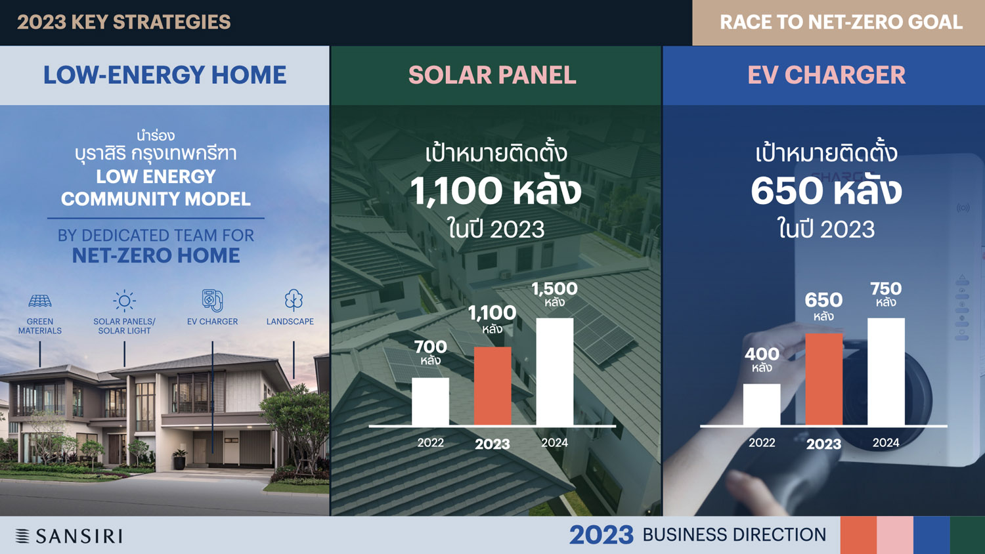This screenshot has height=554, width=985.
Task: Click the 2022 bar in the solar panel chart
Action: (430, 402)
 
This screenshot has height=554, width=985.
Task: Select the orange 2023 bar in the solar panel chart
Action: (492, 386)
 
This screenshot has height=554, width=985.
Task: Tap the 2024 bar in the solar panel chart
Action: (554, 372)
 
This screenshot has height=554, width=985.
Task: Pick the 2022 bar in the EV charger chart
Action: (762, 404)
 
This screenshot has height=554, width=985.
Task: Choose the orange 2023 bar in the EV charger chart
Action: (824, 379)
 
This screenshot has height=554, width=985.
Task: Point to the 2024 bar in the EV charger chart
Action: (886, 372)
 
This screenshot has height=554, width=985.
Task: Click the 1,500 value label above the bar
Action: (554, 289)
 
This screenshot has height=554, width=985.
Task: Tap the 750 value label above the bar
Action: (886, 289)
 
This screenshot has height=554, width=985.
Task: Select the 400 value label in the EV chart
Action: (762, 354)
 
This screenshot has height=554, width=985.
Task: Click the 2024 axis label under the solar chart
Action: (554, 442)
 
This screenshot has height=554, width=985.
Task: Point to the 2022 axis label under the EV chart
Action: (762, 442)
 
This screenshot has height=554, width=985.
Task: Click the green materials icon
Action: (40, 301)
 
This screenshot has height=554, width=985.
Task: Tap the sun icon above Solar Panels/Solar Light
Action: (125, 301)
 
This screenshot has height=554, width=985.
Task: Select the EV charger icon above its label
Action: (212, 301)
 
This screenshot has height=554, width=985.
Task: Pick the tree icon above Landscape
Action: (294, 301)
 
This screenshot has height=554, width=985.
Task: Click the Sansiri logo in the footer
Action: (68, 536)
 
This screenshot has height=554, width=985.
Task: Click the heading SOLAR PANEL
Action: (492, 75)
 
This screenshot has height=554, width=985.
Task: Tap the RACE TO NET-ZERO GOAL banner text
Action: (841, 22)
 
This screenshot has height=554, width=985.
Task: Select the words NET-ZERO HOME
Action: (156, 255)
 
